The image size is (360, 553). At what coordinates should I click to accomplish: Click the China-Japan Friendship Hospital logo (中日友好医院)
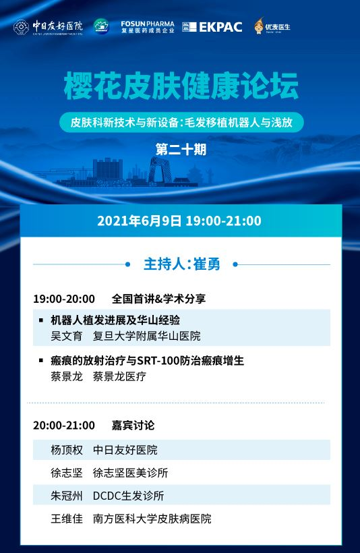coord(48,27)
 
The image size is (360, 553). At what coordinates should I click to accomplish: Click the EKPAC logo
coord(212,27)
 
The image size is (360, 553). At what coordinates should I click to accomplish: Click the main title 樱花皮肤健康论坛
coord(180,87)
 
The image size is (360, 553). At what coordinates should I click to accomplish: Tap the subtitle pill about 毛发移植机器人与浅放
coord(180,123)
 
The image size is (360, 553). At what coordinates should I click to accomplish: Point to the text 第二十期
coord(180,150)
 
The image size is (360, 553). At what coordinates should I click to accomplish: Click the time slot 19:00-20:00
coord(64,298)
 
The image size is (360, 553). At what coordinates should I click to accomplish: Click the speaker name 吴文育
coord(66,335)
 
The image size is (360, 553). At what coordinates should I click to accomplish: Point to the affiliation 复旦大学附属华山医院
coord(146,335)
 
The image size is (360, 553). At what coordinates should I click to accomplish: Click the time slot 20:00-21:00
coord(64,426)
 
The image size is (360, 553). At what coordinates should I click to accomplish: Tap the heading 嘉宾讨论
coord(133,426)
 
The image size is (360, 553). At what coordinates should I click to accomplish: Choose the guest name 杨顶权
coord(66,450)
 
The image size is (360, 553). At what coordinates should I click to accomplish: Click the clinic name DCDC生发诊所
coord(128,496)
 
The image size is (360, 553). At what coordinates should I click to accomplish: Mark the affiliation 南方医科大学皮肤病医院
coord(152,519)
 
